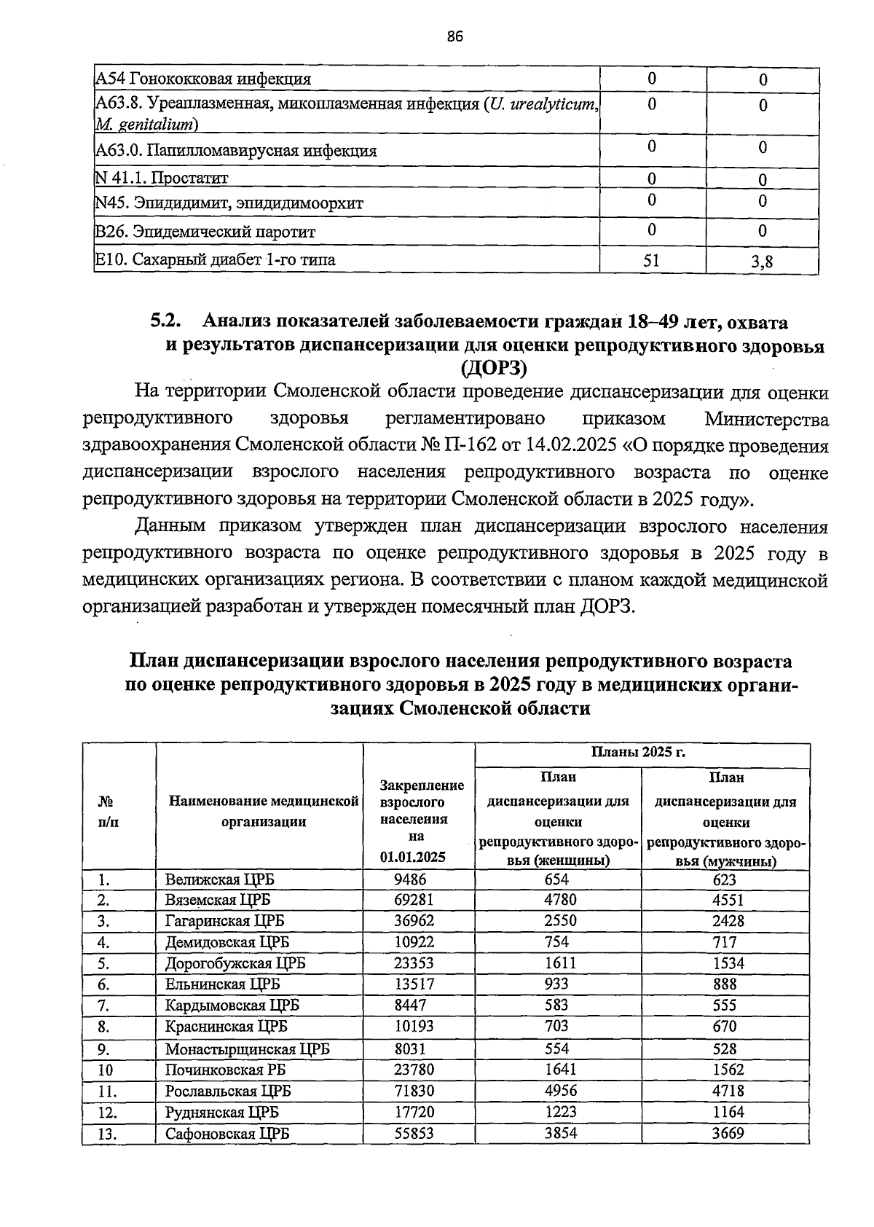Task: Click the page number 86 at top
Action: [455, 37]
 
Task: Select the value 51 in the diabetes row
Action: [652, 259]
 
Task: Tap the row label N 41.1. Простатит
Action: [162, 178]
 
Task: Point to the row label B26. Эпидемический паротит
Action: [205, 232]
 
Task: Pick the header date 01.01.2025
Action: [412, 857]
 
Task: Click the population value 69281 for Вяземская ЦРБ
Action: [414, 900]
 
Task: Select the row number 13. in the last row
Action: [108, 1134]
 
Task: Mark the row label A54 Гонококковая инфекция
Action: [204, 79]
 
